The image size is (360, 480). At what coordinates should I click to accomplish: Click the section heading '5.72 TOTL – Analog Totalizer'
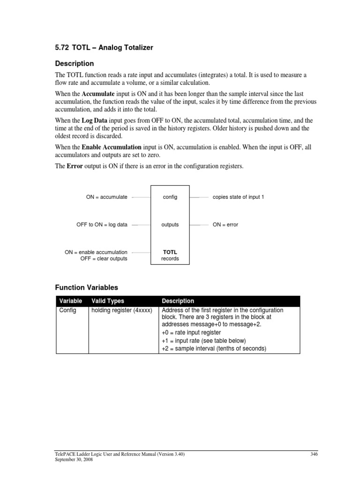coord(103,47)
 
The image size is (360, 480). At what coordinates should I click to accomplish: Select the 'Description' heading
coord(75,63)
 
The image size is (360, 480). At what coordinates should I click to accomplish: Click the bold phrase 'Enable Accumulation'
coord(112,147)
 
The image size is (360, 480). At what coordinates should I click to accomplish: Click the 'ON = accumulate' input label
coord(106,197)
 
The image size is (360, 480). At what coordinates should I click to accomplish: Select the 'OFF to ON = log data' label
coord(102,225)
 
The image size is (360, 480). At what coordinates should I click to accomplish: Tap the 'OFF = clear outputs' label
coord(104,259)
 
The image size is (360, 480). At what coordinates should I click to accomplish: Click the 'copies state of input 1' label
coord(238,197)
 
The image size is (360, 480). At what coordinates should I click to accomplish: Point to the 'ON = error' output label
coord(225,225)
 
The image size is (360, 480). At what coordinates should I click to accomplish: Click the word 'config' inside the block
coord(170,197)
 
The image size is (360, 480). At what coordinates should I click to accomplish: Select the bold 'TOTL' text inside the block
coord(170,252)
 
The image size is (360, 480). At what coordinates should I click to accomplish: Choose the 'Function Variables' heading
coord(87,287)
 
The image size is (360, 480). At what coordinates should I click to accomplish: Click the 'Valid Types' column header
coord(108,301)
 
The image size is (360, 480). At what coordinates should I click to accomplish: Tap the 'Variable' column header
coord(70,301)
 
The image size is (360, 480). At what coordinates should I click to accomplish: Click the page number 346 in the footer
coord(314,454)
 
